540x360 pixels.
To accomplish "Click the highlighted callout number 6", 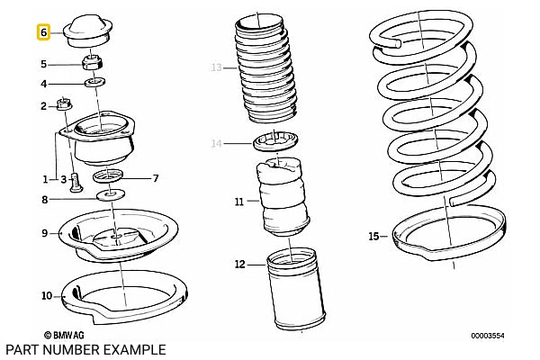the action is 43,32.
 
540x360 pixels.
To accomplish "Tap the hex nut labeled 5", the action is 93,63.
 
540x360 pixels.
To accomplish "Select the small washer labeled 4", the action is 95,83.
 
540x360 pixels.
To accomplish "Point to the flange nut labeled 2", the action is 64,104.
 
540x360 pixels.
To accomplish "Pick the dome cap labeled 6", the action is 88,31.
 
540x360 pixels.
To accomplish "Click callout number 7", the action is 156,178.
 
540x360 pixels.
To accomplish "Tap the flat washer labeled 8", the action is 111,195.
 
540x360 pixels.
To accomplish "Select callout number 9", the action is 45,233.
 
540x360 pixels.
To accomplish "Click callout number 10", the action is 47,295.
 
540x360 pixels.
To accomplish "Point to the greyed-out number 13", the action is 216,67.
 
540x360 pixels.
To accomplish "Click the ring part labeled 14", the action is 275,141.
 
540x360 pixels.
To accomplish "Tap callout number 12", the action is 240,265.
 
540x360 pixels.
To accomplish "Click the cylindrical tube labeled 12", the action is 295,289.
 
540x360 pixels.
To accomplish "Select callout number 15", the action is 373,237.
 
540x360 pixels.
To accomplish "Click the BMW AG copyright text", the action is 65,335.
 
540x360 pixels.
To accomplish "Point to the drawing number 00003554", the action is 488,336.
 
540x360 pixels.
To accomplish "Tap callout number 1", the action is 45,179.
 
